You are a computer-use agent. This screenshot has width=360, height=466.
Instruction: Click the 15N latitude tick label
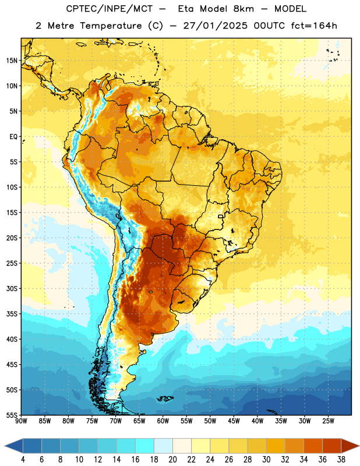(12, 61)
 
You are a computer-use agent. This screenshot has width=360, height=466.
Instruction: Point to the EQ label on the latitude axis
(13, 137)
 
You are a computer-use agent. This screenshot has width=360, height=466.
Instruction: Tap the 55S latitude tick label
(12, 415)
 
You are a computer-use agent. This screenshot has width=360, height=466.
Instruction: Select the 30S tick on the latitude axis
(12, 288)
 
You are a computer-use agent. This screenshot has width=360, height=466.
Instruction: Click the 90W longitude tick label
(21, 421)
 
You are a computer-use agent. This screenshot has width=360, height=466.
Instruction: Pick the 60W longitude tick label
(163, 421)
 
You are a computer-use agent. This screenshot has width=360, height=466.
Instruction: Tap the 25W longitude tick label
(328, 421)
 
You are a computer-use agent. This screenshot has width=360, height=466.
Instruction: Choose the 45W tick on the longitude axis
(234, 421)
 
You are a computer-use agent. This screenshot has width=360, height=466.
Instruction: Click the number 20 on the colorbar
(172, 460)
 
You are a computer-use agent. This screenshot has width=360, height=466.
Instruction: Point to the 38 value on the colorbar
(341, 460)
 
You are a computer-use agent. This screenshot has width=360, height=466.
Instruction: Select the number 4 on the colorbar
(23, 460)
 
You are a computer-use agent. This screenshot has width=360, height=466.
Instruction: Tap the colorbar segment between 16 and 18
(145, 446)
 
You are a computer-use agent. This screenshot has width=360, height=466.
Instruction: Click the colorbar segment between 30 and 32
(276, 446)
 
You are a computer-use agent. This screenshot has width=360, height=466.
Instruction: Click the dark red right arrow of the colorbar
(350, 446)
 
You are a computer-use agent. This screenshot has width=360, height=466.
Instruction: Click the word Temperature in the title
(111, 26)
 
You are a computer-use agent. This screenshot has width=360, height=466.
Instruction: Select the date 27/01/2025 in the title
(215, 26)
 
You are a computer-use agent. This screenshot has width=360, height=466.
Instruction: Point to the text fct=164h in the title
(314, 26)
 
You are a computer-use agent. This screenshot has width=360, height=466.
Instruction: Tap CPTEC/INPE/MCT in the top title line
(110, 9)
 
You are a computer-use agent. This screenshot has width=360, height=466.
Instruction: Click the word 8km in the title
(243, 9)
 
